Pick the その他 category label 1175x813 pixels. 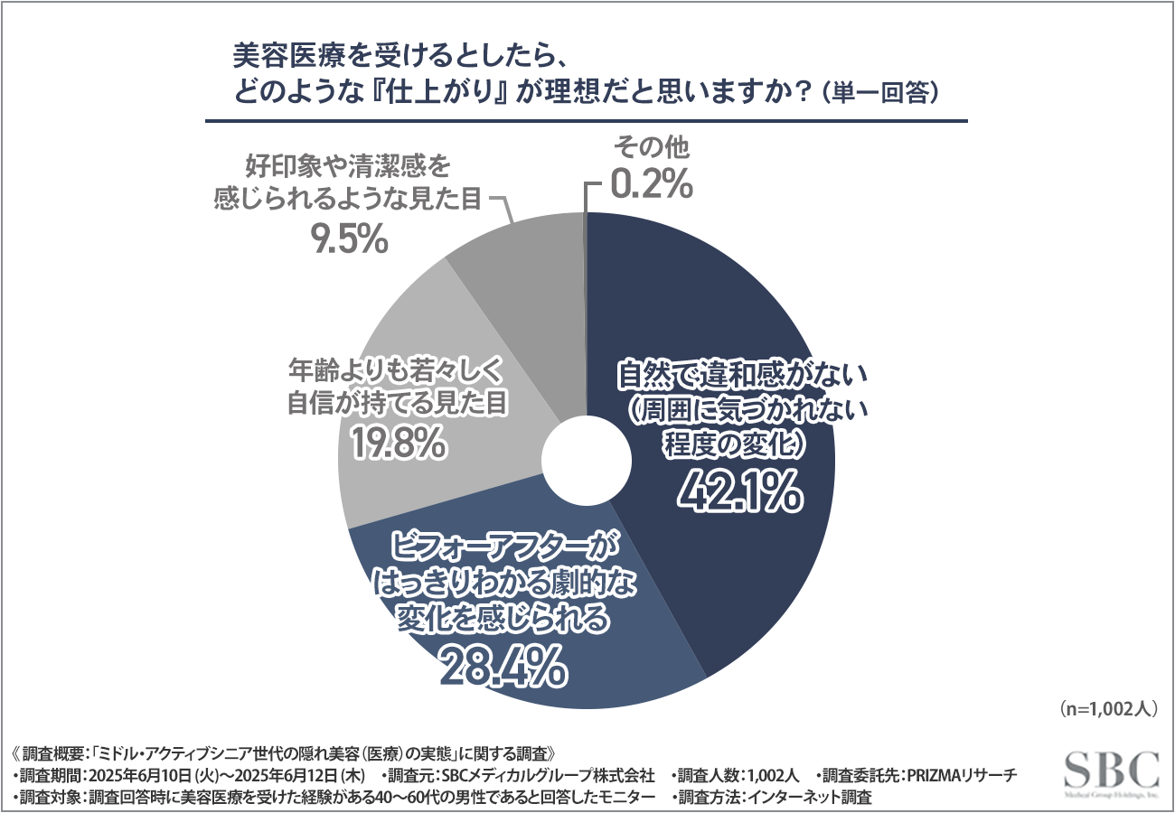[652, 147]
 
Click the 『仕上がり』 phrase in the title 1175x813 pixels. [424, 92]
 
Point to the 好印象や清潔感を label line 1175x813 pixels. [347, 166]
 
